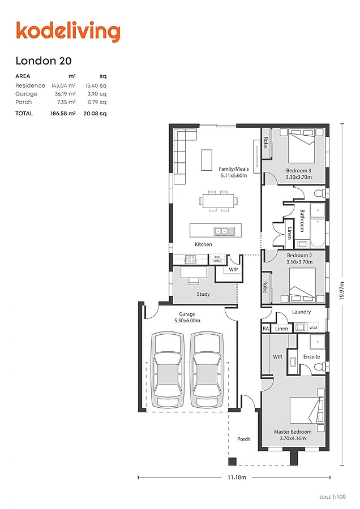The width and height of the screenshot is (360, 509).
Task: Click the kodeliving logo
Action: (x=68, y=32)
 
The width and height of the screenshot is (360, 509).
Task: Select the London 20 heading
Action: (x=44, y=61)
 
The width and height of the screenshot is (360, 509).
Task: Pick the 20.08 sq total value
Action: (x=95, y=113)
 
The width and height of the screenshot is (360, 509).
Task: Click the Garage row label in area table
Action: (x=26, y=94)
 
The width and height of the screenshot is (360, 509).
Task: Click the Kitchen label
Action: (x=203, y=244)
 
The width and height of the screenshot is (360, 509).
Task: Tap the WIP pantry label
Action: (x=234, y=270)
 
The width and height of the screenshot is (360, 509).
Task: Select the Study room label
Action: (x=203, y=294)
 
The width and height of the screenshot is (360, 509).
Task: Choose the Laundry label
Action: (x=302, y=312)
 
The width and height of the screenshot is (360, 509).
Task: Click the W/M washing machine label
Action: (x=313, y=328)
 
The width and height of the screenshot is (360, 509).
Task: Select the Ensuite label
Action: (x=311, y=357)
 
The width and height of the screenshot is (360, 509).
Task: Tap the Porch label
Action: (x=243, y=439)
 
